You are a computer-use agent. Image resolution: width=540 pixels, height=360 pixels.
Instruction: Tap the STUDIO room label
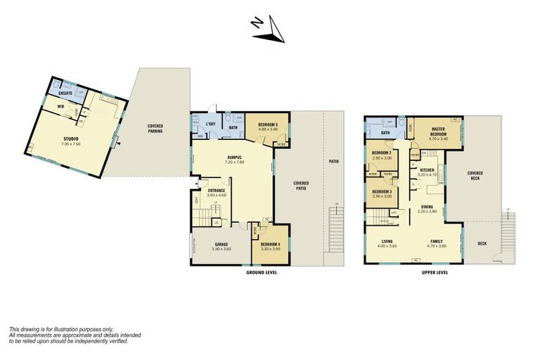coord(70,139)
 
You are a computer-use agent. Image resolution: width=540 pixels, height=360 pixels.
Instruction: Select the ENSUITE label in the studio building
coord(65,92)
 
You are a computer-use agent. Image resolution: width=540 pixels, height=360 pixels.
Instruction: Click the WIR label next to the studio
coord(61,108)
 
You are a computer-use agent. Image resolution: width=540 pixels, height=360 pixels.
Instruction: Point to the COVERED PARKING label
coord(155,129)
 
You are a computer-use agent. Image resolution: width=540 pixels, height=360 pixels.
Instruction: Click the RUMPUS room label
coord(234,157)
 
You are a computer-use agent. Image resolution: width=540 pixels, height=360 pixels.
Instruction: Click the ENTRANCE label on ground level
coord(215,191)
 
